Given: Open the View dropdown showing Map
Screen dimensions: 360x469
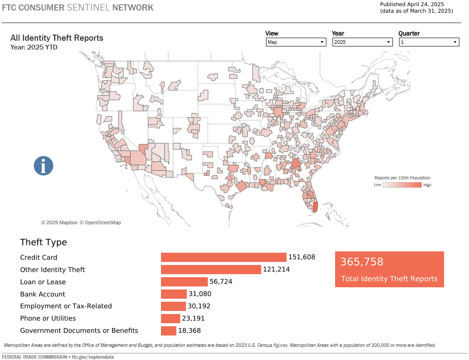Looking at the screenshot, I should pyautogui.click(x=296, y=42).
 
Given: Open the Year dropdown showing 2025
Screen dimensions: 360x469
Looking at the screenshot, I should pyautogui.click(x=362, y=42).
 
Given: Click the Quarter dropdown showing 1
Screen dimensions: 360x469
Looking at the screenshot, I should pyautogui.click(x=429, y=42).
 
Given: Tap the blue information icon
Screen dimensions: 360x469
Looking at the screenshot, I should pyautogui.click(x=44, y=166).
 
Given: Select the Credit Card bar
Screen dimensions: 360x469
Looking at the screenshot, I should pyautogui.click(x=224, y=258).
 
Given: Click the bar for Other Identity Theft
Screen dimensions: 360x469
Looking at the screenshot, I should pyautogui.click(x=211, y=269).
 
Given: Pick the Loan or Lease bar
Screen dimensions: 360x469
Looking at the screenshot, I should pyautogui.click(x=184, y=282).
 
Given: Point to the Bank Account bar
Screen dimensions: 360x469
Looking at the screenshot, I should pyautogui.click(x=174, y=294).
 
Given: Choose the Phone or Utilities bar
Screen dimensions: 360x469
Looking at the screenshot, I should pyautogui.click(x=170, y=318).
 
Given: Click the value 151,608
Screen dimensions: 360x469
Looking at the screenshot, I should pyautogui.click(x=301, y=258).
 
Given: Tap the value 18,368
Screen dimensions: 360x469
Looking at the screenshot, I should pyautogui.click(x=189, y=331).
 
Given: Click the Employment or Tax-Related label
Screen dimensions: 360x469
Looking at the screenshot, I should pyautogui.click(x=66, y=306).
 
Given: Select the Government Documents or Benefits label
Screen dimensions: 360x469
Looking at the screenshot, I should pyautogui.click(x=79, y=331).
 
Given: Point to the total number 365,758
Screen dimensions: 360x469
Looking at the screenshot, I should pyautogui.click(x=362, y=262).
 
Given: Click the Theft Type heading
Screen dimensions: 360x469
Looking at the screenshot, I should pyautogui.click(x=44, y=242).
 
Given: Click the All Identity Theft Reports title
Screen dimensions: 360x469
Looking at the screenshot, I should pyautogui.click(x=57, y=38).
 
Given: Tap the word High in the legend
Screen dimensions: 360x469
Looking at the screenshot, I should pyautogui.click(x=427, y=185).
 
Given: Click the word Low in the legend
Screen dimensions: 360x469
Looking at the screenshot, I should pyautogui.click(x=378, y=185).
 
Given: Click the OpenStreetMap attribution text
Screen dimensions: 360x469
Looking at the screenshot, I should pyautogui.click(x=100, y=222).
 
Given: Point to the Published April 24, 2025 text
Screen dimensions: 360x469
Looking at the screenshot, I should pyautogui.click(x=412, y=4).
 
